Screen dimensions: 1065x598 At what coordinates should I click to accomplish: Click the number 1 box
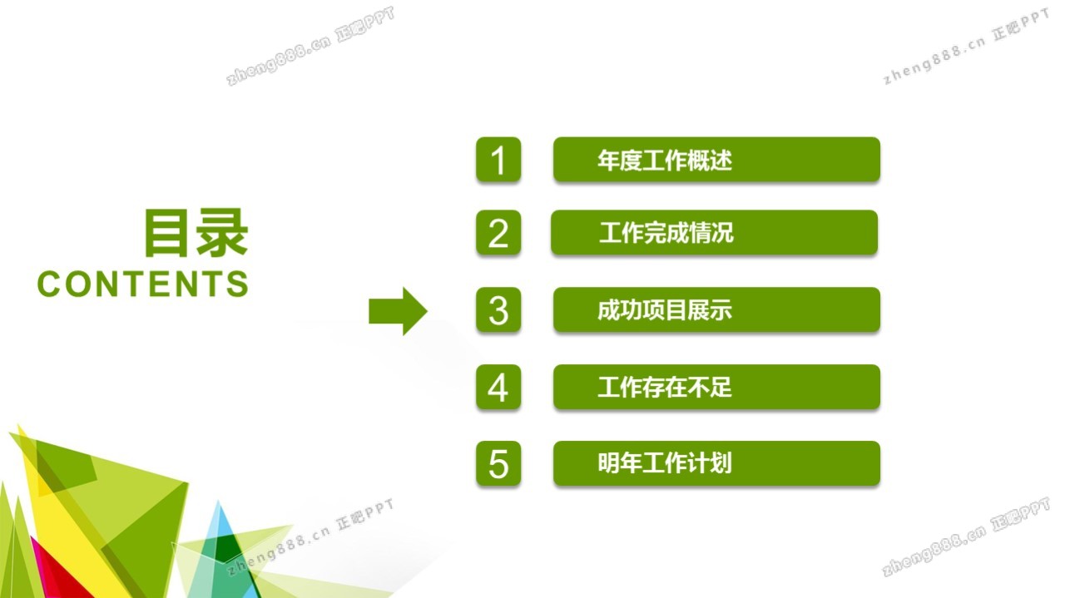tap(498, 159)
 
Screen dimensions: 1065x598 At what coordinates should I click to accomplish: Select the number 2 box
tap(498, 233)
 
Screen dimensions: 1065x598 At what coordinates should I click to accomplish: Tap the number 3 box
tap(498, 310)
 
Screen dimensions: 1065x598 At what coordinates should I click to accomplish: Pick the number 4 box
tap(498, 387)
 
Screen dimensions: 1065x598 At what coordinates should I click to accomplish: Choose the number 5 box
tap(498, 463)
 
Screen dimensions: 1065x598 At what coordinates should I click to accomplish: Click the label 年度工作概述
tap(665, 160)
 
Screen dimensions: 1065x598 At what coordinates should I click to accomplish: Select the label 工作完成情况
tap(666, 233)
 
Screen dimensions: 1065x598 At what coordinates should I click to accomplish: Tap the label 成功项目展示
tap(665, 310)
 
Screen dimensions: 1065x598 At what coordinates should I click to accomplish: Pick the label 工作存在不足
tap(665, 387)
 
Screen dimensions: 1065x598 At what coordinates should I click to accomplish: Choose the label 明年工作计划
tap(665, 463)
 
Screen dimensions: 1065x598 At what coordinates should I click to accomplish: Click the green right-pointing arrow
tap(398, 311)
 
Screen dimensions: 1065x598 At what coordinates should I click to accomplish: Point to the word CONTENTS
tap(142, 284)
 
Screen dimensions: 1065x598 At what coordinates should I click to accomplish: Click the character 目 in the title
tap(166, 233)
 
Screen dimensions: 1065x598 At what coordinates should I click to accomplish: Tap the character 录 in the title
tap(222, 233)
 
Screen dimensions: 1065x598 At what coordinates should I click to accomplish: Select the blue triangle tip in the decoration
tap(219, 518)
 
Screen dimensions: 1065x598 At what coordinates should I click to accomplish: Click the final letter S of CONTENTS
tap(238, 284)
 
